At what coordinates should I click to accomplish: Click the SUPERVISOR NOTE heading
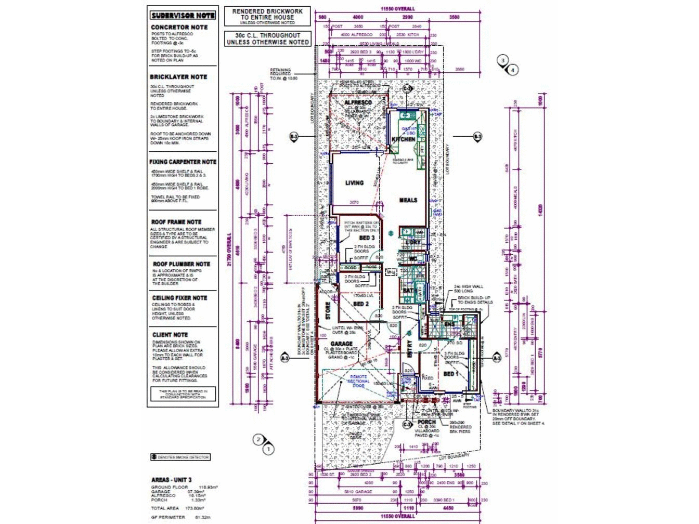coord(183,16)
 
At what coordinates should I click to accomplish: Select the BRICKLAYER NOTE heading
coord(178,77)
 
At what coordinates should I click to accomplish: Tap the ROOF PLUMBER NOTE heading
coord(181,264)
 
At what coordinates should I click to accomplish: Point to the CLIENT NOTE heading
coord(170,335)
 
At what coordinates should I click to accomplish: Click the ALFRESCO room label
coord(358,103)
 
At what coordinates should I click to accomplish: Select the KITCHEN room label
coord(403,139)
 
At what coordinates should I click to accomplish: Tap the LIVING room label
coord(354,183)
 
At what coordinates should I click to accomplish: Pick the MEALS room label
coord(408,200)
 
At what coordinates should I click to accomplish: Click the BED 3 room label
coord(367,238)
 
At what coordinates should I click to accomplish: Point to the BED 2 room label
coord(360,304)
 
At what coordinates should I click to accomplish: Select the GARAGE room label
coord(341,344)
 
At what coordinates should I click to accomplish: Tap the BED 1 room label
coord(450,374)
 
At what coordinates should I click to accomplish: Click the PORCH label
coord(426,422)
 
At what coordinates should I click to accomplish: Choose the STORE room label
coord(328,310)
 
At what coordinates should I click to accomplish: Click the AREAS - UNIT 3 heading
coord(172,480)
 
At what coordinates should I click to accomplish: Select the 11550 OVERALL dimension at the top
coord(398,9)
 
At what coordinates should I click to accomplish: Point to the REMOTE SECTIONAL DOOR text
coord(358,381)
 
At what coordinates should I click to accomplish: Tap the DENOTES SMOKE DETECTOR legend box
coord(180,457)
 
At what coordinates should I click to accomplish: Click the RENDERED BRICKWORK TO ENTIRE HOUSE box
coord(267,16)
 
